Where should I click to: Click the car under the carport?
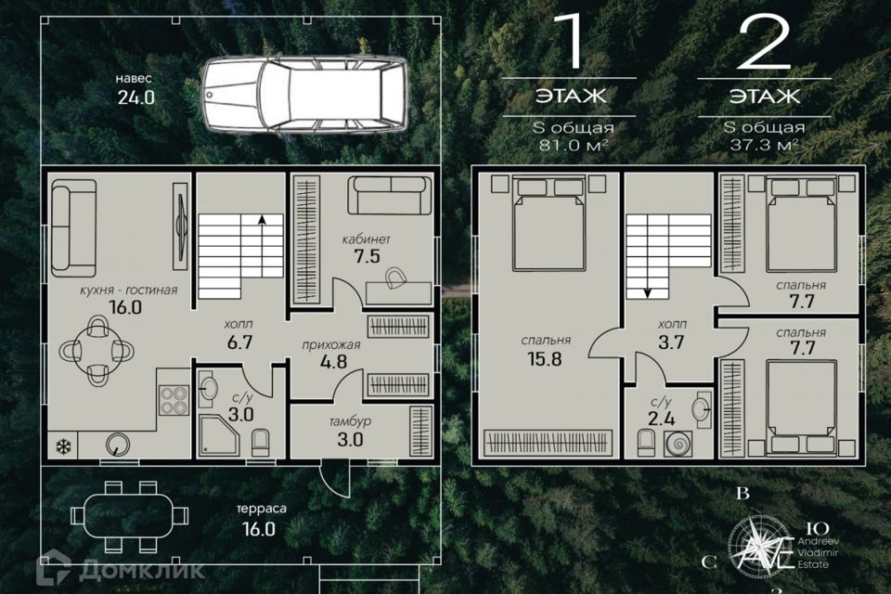coord(305,95)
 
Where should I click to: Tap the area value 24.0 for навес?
coord(136,97)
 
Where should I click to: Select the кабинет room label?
coord(366,239)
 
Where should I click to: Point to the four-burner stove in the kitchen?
coord(174,400)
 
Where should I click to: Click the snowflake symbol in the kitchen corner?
coord(64,446)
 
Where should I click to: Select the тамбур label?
coord(350,421)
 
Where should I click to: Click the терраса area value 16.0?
coord(259,529)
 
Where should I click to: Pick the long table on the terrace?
coord(130,517)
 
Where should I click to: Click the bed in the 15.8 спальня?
coord(549,224)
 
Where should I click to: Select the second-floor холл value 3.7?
coord(671,342)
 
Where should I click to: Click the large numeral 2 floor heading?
coord(763,42)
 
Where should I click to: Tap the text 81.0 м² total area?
coord(574,145)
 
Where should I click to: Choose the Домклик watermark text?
coord(142,570)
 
